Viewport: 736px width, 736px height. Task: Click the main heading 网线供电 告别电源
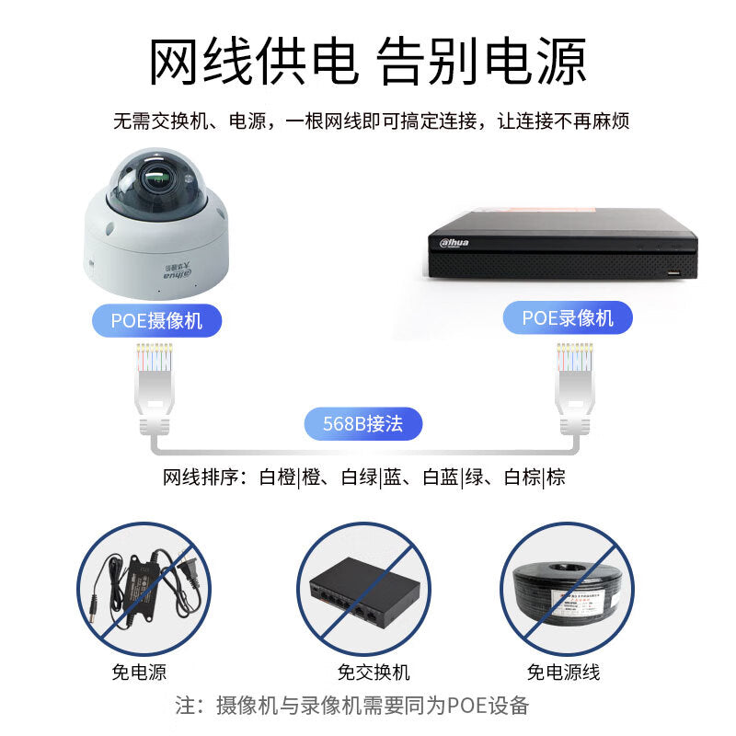point(367,62)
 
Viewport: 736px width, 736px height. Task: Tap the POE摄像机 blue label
point(156,320)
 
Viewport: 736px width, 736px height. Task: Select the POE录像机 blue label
point(568,317)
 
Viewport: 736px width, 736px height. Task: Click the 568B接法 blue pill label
point(363,423)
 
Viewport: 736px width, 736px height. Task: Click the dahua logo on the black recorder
point(454,242)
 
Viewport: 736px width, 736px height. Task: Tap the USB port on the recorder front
point(674,272)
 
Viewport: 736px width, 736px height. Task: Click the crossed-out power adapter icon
point(144,589)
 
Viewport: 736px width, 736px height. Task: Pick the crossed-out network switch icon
point(363,589)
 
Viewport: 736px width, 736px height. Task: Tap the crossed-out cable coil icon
point(567,589)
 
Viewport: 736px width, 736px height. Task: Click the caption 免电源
point(139,672)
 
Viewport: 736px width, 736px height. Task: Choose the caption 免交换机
point(374,672)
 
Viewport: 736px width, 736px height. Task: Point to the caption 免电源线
point(563,672)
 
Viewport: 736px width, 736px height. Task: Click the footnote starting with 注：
point(352,705)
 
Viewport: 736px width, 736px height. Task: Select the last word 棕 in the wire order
point(556,477)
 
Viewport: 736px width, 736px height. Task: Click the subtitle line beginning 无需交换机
point(371,121)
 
